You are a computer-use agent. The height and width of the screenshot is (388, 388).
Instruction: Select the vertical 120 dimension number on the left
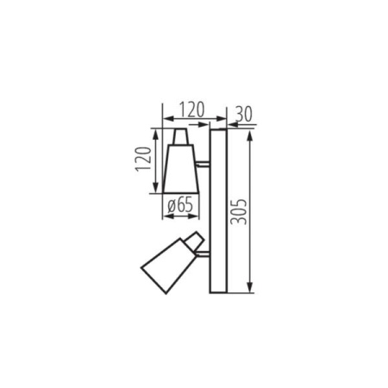click(143, 161)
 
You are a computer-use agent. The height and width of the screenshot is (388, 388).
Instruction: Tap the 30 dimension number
click(244, 111)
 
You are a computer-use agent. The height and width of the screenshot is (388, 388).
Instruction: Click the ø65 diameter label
click(180, 205)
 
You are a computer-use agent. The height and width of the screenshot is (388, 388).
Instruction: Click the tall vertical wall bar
click(217, 210)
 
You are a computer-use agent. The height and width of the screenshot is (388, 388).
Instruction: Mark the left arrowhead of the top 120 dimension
click(166, 121)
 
